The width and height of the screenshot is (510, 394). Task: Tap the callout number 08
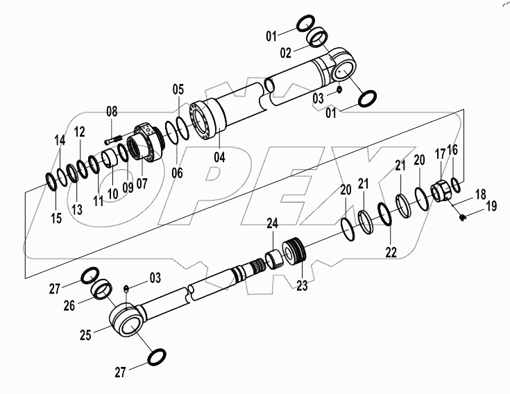click(112, 112)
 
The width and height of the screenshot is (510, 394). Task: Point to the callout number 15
click(57, 218)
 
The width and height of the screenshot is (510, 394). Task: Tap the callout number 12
click(80, 132)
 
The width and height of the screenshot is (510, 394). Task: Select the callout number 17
click(439, 153)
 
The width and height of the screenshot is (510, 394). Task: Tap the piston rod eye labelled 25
click(129, 320)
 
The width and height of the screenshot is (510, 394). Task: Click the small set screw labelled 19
click(462, 219)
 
